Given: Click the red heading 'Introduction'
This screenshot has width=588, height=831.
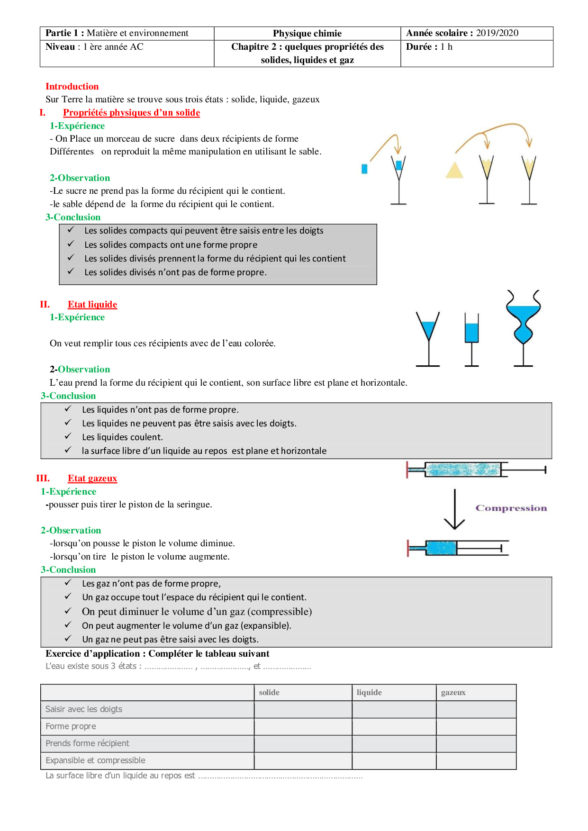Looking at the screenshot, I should (x=72, y=86).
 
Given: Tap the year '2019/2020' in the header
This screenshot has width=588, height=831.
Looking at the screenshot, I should (x=497, y=33).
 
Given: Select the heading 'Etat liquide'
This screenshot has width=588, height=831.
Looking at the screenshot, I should (x=92, y=304).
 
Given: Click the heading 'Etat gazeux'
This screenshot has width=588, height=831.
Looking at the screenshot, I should (x=92, y=478).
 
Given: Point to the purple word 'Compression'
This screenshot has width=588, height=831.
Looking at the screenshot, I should (x=511, y=508).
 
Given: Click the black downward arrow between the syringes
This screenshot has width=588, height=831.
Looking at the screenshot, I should (x=454, y=509).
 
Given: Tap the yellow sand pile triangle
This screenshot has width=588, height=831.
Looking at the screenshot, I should (x=454, y=171).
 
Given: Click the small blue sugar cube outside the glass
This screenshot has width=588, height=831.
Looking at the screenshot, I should (x=364, y=169).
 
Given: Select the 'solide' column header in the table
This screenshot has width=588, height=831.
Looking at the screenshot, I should (x=269, y=692).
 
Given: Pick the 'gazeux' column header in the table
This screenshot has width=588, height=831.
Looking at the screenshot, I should (x=453, y=692).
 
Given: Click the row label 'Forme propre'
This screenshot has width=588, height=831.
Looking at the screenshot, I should (x=71, y=726).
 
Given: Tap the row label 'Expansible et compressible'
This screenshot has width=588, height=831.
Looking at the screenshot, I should (x=95, y=760).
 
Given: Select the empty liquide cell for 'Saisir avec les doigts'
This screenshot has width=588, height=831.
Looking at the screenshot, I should (x=394, y=709).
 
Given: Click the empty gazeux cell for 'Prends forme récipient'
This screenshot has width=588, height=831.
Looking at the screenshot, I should (x=476, y=743).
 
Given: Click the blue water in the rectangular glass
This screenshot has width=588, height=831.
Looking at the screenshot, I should (x=471, y=333).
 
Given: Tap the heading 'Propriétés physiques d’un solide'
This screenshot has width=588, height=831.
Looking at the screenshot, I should (x=131, y=112).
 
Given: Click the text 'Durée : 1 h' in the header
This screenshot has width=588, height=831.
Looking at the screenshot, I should (x=429, y=47).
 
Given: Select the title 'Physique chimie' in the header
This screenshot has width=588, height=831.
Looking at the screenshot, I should (x=307, y=33).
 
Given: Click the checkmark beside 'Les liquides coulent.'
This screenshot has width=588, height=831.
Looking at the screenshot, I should (x=68, y=436).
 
